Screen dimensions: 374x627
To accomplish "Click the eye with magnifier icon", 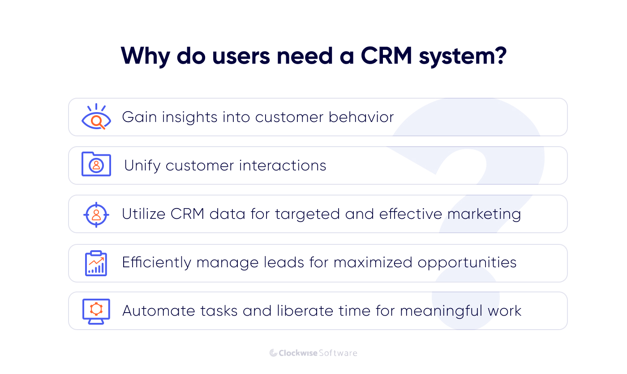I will point(96,117).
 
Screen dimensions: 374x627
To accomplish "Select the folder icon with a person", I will point(96,165).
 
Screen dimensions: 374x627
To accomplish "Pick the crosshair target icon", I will point(96,214).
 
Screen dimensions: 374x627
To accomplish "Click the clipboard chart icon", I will point(96,263).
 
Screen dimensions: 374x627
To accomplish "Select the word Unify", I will point(142,165).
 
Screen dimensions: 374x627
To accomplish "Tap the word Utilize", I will point(143,214).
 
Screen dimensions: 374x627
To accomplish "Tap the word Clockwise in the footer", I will point(298,353).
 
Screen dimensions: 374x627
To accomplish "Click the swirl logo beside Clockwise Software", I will point(273,353).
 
